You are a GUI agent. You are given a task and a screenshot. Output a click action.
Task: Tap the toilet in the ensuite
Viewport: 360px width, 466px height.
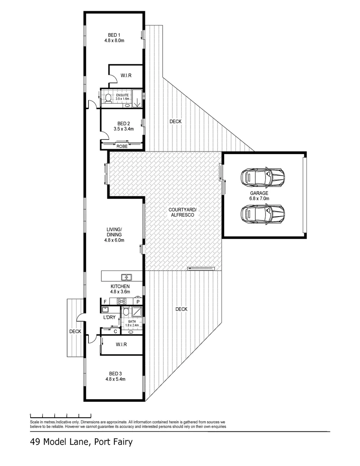(107, 98)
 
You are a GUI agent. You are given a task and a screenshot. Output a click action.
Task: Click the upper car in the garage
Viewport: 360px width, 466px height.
(263, 176)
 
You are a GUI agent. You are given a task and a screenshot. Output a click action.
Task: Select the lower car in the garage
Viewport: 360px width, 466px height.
(263, 213)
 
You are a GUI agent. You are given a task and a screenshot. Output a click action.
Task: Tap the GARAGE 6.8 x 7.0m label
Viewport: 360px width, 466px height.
(259, 196)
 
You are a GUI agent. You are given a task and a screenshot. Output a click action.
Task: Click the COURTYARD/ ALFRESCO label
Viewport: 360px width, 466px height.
(182, 212)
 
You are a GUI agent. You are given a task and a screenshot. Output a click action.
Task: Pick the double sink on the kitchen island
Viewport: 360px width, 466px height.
(127, 277)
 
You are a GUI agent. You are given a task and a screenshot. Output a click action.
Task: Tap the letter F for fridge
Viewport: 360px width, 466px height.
(104, 301)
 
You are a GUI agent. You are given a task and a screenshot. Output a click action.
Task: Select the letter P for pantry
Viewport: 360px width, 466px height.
(138, 302)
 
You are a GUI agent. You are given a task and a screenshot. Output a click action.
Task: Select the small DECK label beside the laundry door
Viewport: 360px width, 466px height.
(75, 332)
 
